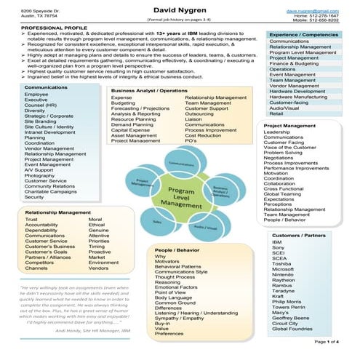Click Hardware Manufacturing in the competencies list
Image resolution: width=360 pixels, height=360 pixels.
[x=298, y=96]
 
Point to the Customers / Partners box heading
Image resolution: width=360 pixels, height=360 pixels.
[x=297, y=236]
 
